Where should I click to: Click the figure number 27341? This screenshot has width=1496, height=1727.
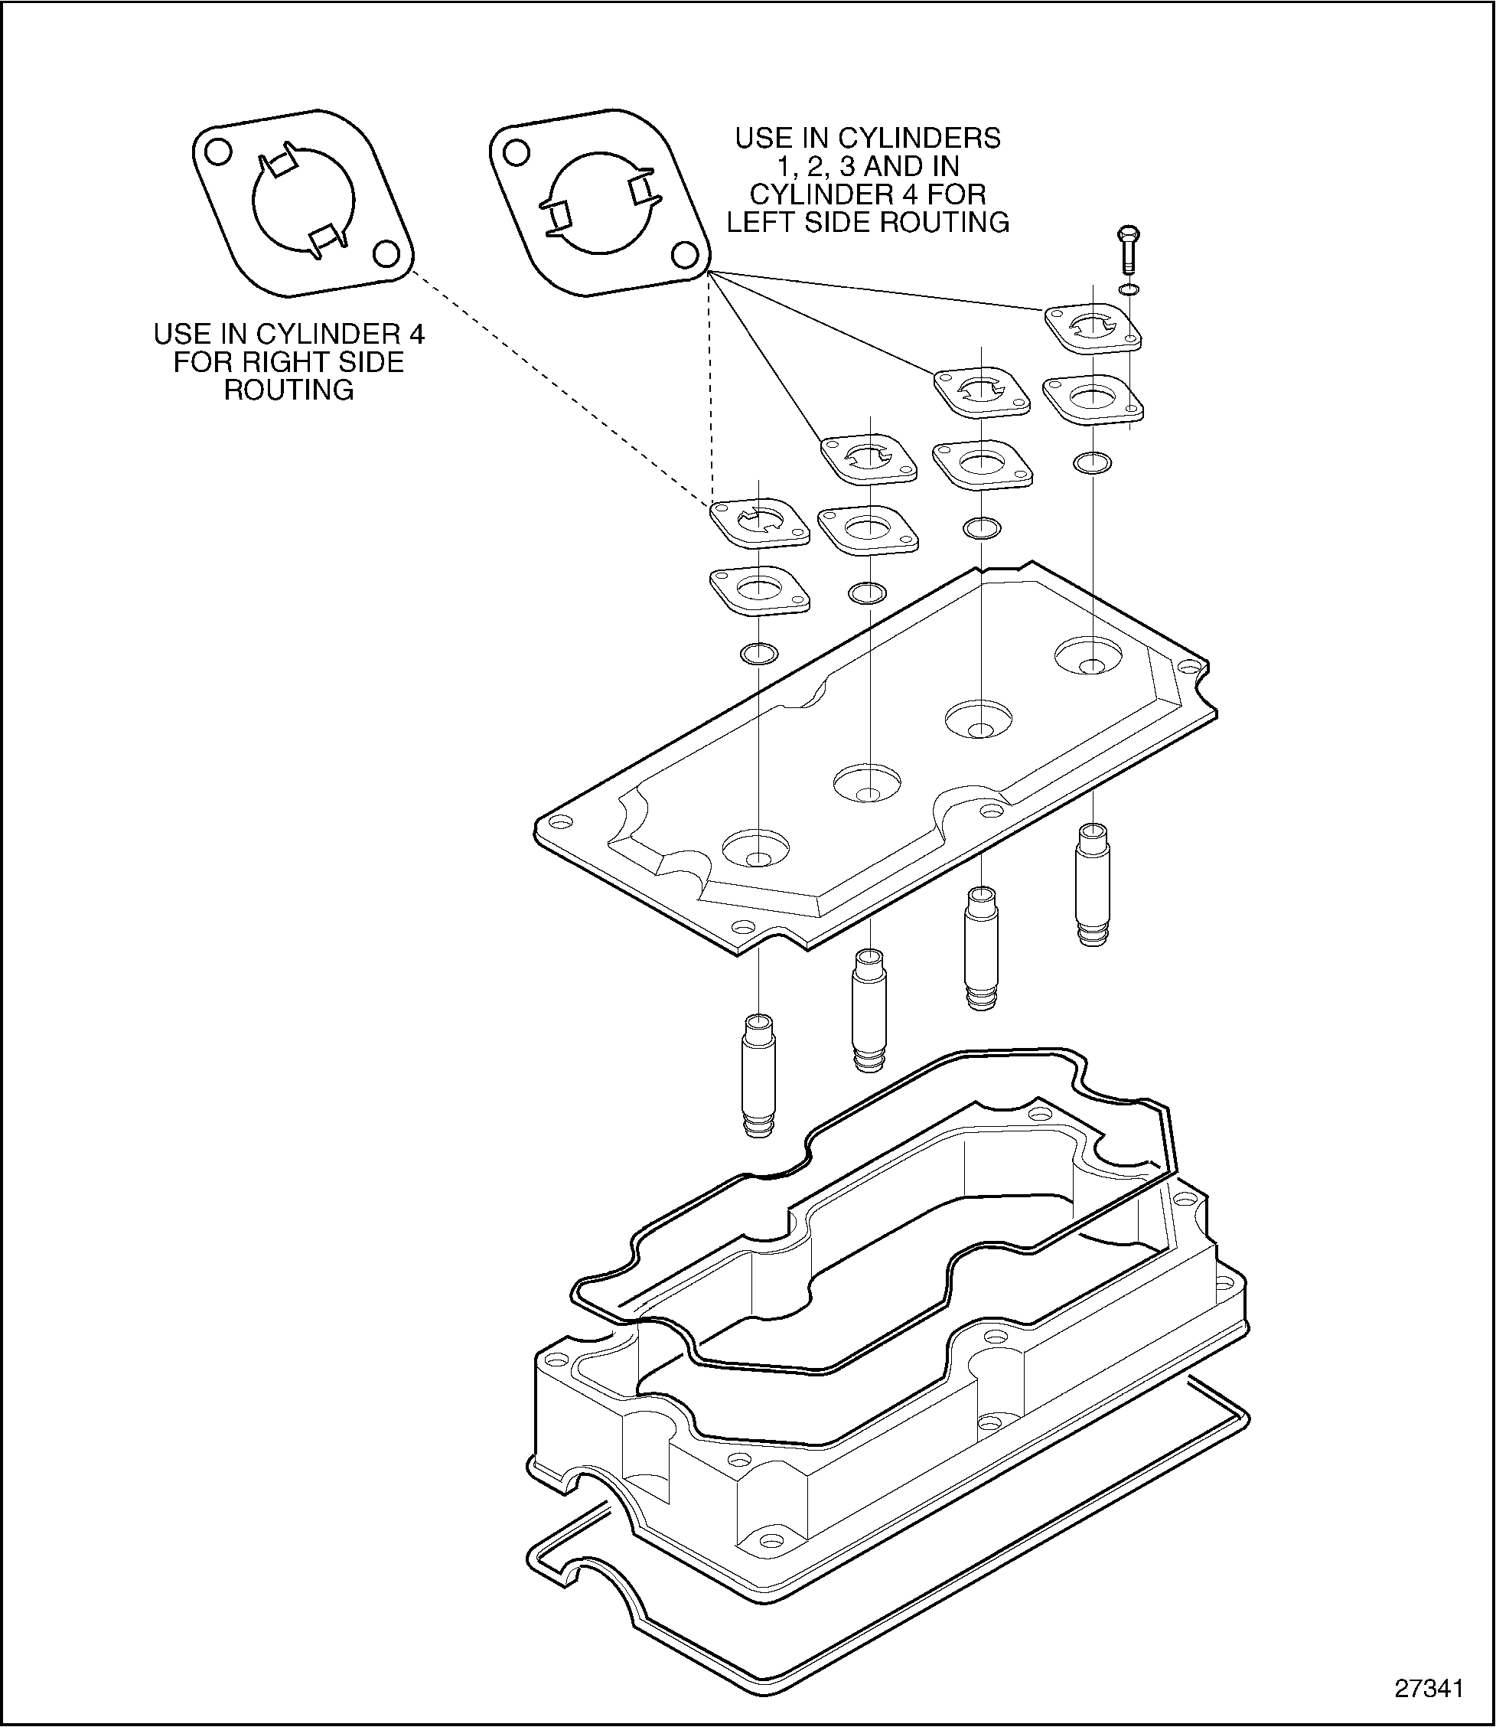tap(1429, 1688)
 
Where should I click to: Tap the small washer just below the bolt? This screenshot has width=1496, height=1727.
tap(1129, 289)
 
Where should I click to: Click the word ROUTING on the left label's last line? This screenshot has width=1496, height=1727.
tap(288, 390)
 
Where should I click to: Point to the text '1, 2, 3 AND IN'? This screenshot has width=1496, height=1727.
tap(868, 165)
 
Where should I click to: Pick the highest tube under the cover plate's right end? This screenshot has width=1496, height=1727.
tap(1093, 883)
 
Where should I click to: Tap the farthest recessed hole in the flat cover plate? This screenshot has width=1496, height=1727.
tap(1089, 658)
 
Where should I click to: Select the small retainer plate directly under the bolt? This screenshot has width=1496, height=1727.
tap(1093, 328)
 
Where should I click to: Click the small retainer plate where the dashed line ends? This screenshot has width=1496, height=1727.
tap(760, 523)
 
